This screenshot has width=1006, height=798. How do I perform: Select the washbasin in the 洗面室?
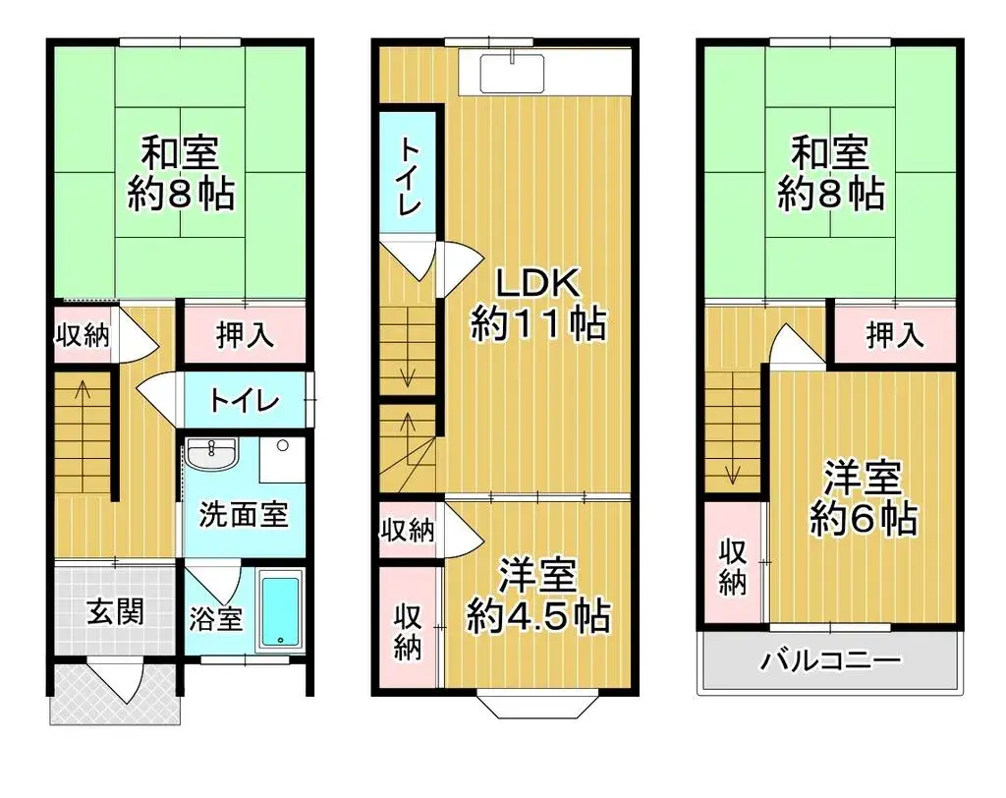coord(212,456)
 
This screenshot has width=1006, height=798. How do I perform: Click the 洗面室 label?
coord(244,514)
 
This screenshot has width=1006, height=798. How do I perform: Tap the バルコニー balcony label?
coord(831,659)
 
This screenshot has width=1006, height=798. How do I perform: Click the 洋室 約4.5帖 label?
coord(537,598)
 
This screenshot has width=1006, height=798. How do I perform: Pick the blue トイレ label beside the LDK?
coord(409,177)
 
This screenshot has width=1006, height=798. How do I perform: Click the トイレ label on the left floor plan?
coord(246,401)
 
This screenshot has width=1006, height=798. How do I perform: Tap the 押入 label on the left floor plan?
coord(245,336)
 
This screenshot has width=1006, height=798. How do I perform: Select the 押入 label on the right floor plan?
coord(895,336)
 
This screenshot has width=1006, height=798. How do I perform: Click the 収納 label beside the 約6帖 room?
coord(733,566)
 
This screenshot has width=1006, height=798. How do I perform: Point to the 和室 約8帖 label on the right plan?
coord(830,174)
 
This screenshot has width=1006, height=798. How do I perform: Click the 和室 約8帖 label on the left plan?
coord(181,174)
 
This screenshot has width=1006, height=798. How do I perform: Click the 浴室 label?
coord(215,621)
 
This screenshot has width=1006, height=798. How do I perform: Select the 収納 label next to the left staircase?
coord(81,336)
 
